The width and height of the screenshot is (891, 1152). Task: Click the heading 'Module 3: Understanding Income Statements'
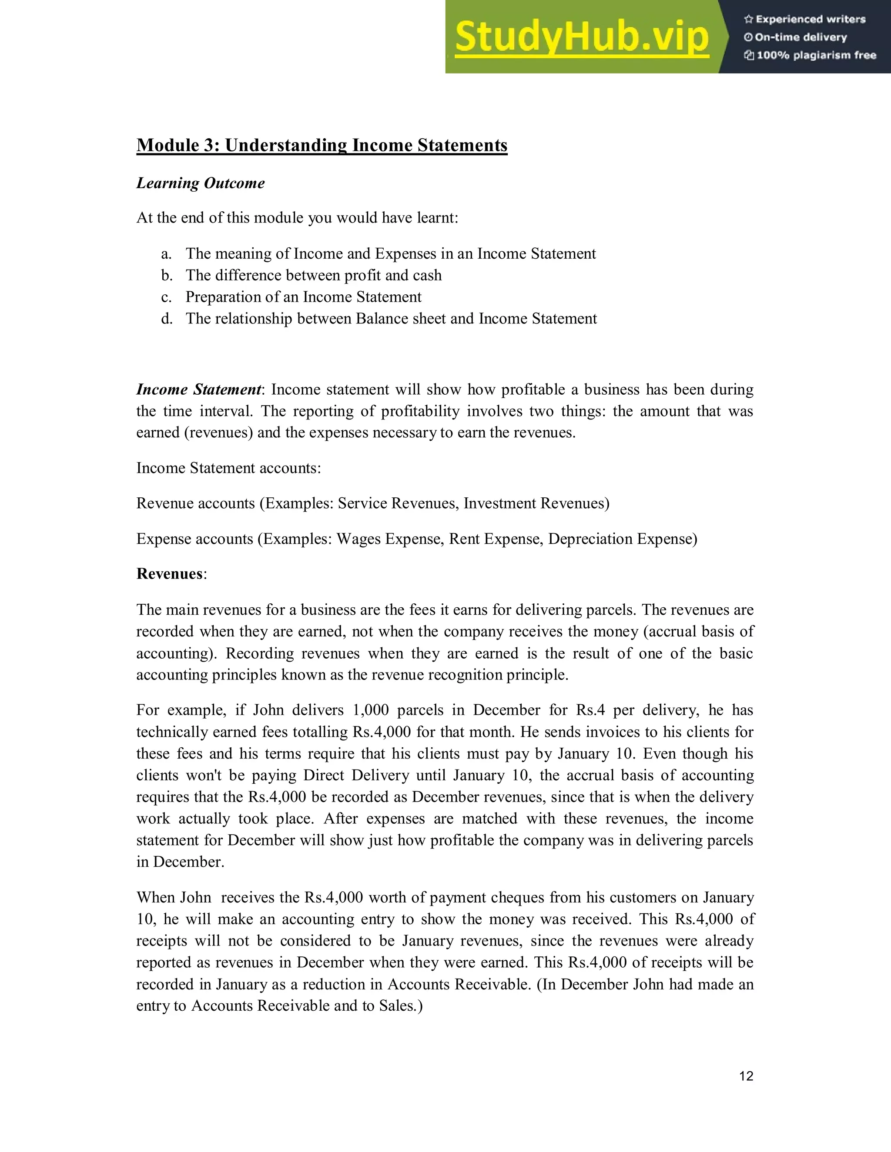point(322,145)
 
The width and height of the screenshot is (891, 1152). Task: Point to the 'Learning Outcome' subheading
point(200,183)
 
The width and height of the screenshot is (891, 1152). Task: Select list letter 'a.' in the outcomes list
point(166,254)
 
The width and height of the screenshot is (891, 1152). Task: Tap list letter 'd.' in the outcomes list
point(167,319)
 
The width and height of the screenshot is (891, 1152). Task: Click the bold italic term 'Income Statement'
point(198,389)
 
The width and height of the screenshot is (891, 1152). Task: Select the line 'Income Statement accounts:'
point(228,468)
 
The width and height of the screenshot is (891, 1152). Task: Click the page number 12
point(746,1076)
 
